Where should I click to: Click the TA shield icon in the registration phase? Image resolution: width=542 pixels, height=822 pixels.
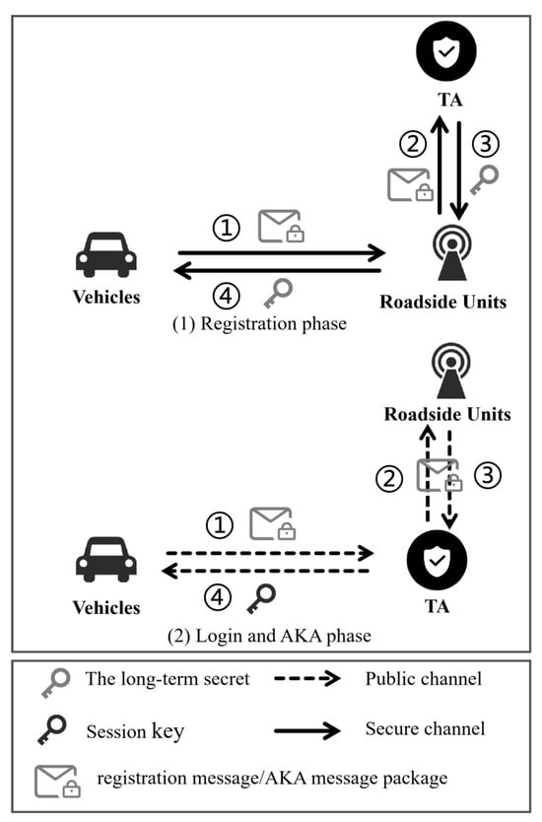pyautogui.click(x=446, y=51)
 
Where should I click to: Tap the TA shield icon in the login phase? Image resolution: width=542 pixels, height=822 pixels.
pyautogui.click(x=437, y=561)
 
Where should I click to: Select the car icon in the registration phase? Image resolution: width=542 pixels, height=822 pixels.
pyautogui.click(x=106, y=254)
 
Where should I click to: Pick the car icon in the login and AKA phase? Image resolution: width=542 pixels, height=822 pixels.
pyautogui.click(x=106, y=560)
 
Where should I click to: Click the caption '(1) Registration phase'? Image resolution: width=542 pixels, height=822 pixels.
pyautogui.click(x=259, y=323)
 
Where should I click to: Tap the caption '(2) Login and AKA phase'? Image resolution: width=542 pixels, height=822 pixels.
pyautogui.click(x=269, y=636)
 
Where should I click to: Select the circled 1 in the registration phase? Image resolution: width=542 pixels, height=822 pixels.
pyautogui.click(x=227, y=228)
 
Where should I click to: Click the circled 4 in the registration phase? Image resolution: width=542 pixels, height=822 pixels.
pyautogui.click(x=226, y=296)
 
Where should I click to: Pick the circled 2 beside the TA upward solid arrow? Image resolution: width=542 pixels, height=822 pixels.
pyautogui.click(x=413, y=143)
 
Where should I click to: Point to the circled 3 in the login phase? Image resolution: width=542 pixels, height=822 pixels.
pyautogui.click(x=488, y=475)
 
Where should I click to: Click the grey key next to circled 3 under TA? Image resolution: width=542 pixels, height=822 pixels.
pyautogui.click(x=484, y=179)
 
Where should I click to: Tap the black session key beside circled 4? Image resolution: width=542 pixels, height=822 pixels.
pyautogui.click(x=261, y=598)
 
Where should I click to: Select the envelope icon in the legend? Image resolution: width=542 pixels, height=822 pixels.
pyautogui.click(x=57, y=782)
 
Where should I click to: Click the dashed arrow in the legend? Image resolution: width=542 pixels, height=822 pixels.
pyautogui.click(x=307, y=678)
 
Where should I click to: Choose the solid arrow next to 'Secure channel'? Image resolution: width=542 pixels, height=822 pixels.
pyautogui.click(x=307, y=730)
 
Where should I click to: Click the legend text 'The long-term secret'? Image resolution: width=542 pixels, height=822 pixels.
pyautogui.click(x=168, y=679)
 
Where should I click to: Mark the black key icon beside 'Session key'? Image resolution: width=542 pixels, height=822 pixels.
pyautogui.click(x=52, y=729)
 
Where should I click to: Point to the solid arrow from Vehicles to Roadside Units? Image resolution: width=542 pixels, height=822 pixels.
pyautogui.click(x=282, y=252)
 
